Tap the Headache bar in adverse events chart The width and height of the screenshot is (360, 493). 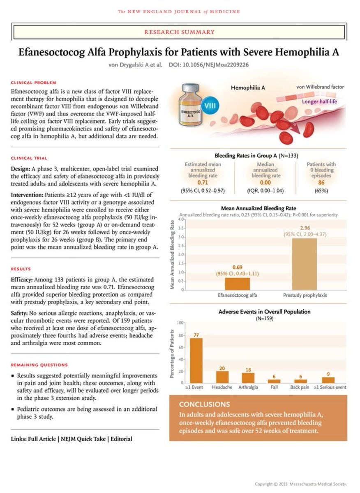point(222,377)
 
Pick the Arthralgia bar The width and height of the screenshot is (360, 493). point(249,378)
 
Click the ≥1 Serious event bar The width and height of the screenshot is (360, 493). point(328,380)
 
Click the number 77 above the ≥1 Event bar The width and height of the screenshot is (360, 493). point(196,335)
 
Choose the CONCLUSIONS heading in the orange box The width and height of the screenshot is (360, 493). point(204,404)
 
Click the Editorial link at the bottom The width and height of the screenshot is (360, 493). point(120,439)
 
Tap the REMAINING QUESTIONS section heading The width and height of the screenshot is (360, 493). point(39,365)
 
